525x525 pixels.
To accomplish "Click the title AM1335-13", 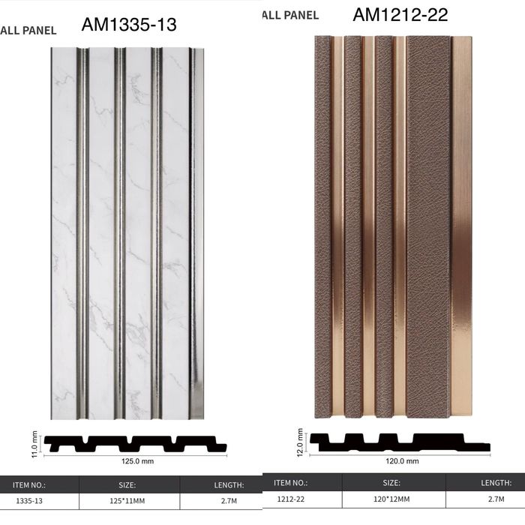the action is tap(129, 25).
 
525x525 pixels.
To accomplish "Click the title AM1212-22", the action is tap(400, 15).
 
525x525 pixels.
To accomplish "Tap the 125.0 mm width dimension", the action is tap(137, 461).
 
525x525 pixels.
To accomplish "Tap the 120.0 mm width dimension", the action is tap(402, 461).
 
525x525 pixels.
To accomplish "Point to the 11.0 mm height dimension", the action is tap(34, 445).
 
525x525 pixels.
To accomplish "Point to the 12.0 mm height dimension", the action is tap(300, 442).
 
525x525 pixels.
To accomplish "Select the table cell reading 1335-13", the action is tap(29, 501).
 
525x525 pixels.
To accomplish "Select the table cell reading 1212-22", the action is tap(291, 499).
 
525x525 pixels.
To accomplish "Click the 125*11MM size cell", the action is tap(127, 501).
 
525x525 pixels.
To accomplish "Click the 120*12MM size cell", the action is tap(391, 499).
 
